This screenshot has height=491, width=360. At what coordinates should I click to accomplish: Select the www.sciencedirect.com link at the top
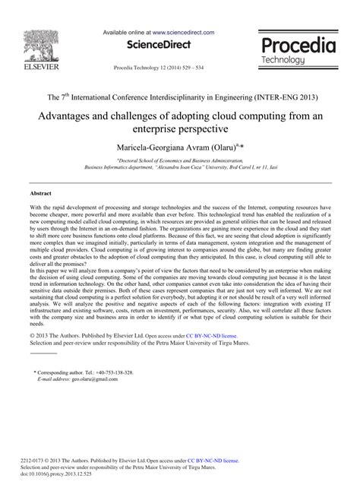182,33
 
